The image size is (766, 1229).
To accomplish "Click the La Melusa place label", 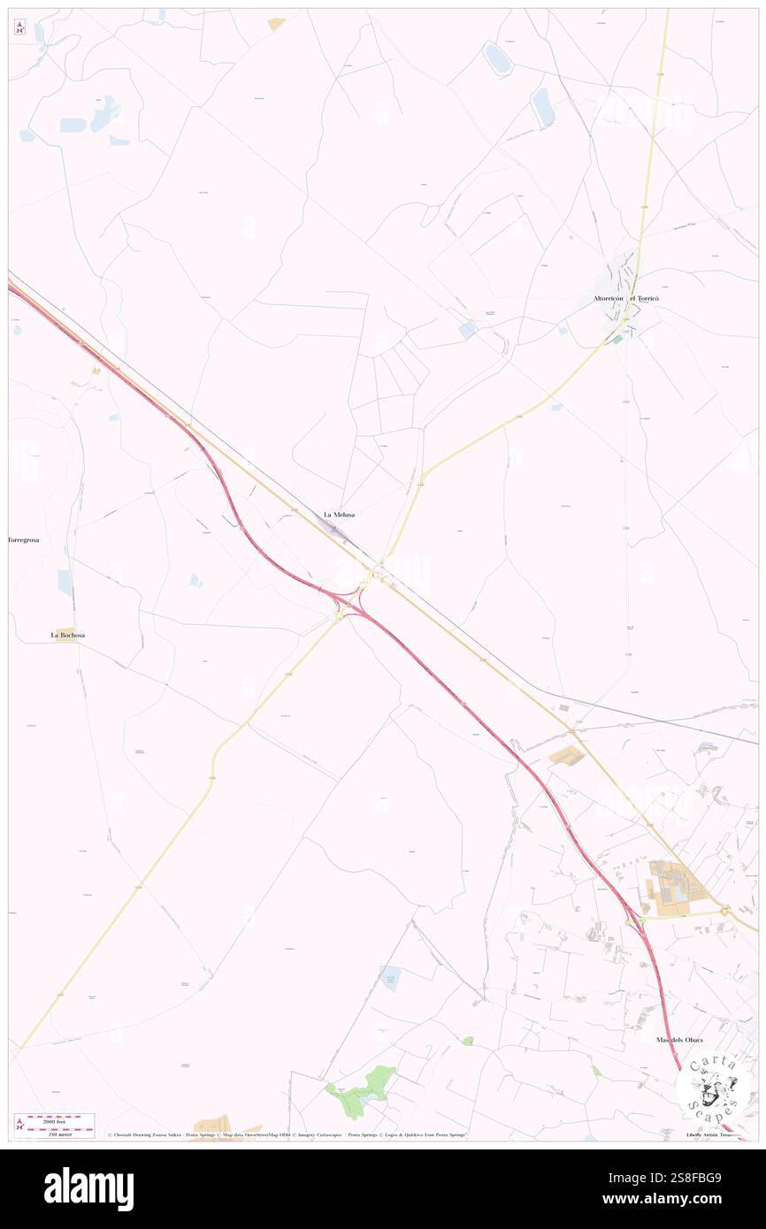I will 339,514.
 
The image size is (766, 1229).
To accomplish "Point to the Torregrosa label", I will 25,538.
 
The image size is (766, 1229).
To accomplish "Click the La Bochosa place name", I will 67,635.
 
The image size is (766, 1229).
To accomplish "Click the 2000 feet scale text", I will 61,1118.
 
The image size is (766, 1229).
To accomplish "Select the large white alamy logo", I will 88,1189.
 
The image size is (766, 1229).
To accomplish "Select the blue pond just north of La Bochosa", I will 65,581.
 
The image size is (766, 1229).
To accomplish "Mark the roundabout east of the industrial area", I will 724,910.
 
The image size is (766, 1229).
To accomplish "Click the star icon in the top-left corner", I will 19,27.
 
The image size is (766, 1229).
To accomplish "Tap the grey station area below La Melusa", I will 334,528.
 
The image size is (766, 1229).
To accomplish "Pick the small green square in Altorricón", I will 618,338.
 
